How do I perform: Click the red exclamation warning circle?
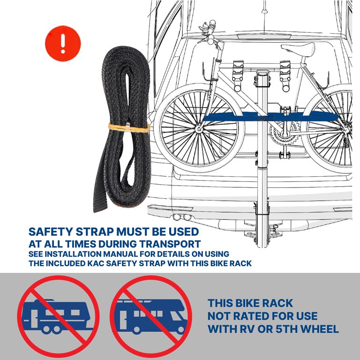click(x=63, y=44)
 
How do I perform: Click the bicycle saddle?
click(x=298, y=49)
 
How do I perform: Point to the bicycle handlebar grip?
click(x=212, y=24)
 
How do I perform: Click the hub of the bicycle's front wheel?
click(x=199, y=129)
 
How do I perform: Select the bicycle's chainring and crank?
click(x=285, y=135)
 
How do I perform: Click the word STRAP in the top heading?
click(x=94, y=232)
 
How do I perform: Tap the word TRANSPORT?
click(x=170, y=244)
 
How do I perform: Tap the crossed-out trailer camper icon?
click(x=58, y=316)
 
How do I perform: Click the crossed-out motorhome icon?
click(x=151, y=316)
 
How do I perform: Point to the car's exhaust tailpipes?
click(x=182, y=217)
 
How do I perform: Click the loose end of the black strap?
click(x=100, y=202)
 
